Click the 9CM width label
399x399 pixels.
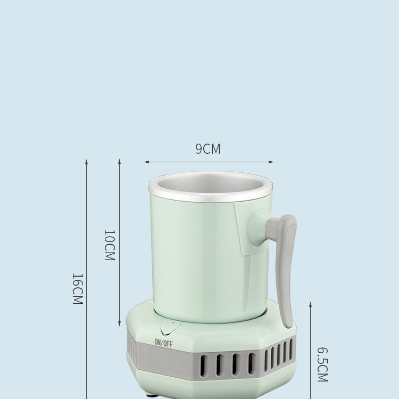[207, 149]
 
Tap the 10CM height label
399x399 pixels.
[109, 245]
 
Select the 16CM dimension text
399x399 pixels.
[77, 288]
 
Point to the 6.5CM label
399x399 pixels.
[322, 364]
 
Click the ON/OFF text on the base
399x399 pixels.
[163, 343]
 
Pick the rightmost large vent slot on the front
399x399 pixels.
[252, 363]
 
